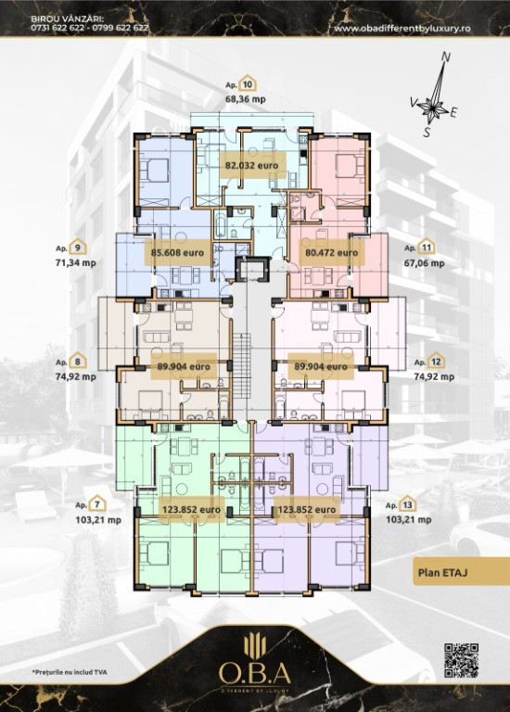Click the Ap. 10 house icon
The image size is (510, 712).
click(248, 83)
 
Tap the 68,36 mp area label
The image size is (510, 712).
click(245, 99)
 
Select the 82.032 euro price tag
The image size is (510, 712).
click(252, 165)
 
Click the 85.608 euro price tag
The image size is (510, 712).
click(177, 252)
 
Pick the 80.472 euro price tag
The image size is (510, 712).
click(332, 252)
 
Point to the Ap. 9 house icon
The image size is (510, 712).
click(78, 247)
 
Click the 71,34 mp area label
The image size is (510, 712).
click(76, 262)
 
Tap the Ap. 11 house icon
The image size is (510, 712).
click(426, 247)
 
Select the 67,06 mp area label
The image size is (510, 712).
click(424, 263)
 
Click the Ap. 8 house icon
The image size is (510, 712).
click(78, 361)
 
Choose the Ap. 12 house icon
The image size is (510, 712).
click(436, 361)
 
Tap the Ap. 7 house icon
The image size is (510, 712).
click(97, 504)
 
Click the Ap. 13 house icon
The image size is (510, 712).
click(407, 504)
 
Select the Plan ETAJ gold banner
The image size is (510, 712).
click(461, 572)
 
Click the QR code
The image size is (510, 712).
click(461, 660)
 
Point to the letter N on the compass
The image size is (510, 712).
click(446, 57)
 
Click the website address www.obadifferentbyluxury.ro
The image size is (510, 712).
click(402, 28)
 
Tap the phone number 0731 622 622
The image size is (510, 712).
click(54, 27)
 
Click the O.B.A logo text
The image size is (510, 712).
click(255, 673)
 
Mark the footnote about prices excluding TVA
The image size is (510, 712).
click(69, 672)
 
